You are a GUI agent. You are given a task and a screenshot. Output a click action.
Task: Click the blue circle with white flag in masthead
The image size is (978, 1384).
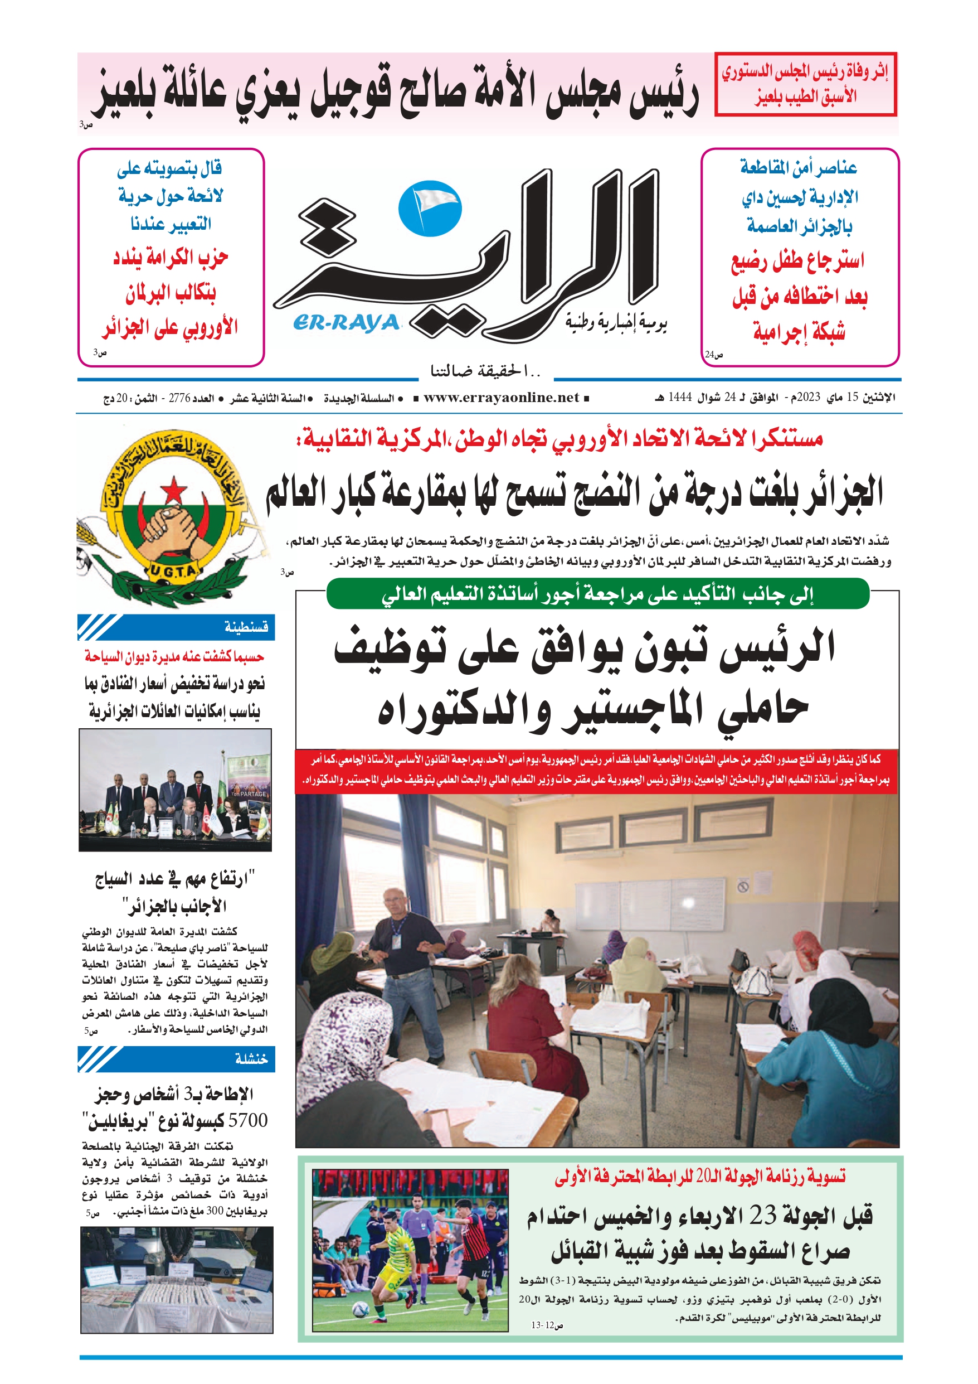click(430, 208)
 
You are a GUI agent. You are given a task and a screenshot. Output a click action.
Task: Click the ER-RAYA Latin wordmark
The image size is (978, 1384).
click(347, 324)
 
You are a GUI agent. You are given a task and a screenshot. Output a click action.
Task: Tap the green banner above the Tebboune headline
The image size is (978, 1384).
click(597, 594)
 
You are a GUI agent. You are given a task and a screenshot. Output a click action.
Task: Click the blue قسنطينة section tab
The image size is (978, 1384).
click(176, 627)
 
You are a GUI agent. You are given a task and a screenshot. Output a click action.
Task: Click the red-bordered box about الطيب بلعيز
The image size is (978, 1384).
click(805, 84)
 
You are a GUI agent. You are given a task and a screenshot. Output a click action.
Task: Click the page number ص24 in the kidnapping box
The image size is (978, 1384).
click(714, 355)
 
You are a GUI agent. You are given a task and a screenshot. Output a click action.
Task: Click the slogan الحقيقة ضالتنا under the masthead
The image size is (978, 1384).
click(486, 371)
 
